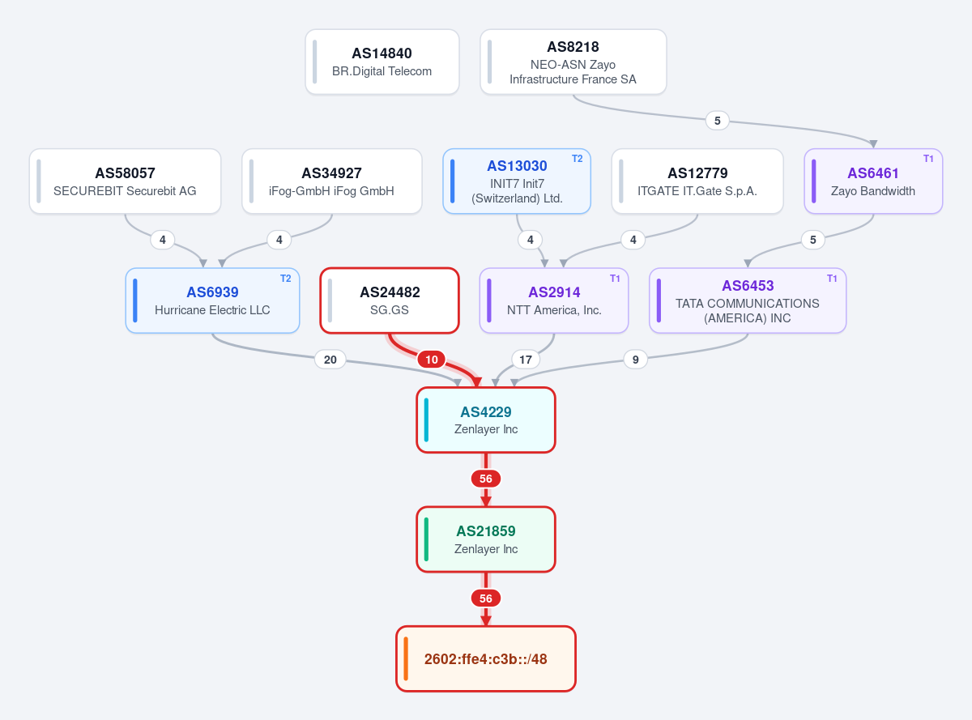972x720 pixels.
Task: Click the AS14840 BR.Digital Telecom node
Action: tap(382, 62)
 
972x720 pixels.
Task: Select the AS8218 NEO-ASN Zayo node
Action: tap(573, 62)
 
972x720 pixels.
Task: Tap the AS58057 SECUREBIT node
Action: tap(125, 181)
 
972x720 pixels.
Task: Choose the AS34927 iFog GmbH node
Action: tap(332, 181)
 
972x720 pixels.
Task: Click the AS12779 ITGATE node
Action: tap(697, 181)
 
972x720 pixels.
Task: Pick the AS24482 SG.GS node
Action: tap(390, 300)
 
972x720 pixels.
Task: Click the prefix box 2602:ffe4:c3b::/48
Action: tap(485, 658)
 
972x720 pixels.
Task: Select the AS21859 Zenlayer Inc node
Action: tap(485, 539)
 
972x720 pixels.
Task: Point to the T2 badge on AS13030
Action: tap(578, 159)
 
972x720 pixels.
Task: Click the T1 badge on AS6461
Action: tap(928, 159)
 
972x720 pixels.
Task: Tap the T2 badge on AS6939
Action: tap(285, 279)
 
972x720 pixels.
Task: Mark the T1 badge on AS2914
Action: tap(615, 279)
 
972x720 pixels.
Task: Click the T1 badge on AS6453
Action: tap(832, 279)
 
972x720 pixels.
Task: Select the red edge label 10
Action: tap(432, 360)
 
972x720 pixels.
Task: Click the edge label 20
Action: tap(330, 360)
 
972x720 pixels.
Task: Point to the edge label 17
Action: tap(526, 360)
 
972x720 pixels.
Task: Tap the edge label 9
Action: tap(635, 360)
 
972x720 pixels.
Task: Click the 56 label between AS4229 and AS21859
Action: tap(485, 479)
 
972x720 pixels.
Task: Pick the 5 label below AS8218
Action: tap(718, 121)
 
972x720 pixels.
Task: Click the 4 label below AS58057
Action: tap(163, 240)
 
